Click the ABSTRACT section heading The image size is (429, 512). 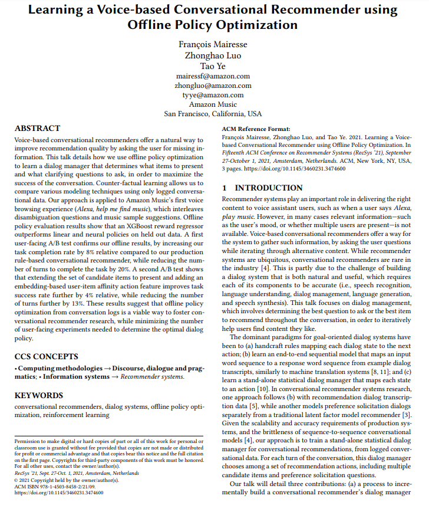(37, 128)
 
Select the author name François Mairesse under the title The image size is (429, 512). (213, 45)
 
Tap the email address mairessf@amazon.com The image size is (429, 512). (213, 76)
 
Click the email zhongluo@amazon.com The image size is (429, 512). (213, 86)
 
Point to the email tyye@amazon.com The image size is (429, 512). (213, 95)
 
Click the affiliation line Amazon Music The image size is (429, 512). (213, 104)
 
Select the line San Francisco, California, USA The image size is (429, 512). (213, 114)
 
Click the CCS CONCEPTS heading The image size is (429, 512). (46, 356)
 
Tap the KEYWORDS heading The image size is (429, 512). (39, 395)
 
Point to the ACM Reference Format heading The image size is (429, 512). (256, 129)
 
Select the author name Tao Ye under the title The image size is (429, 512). (213, 65)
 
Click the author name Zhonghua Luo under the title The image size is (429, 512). (213, 55)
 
